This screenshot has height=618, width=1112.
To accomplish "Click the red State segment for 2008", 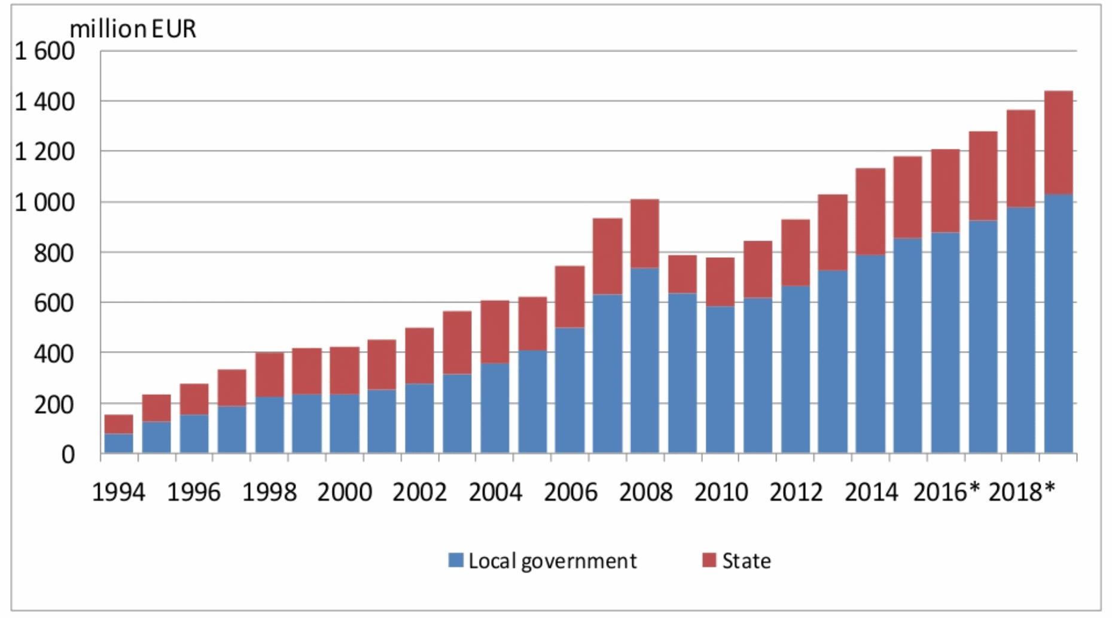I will coord(644,233).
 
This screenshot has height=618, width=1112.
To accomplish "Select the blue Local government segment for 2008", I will coord(644,359).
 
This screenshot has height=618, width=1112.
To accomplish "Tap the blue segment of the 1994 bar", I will coord(118,443).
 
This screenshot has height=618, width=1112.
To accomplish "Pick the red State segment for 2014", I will coord(870,211).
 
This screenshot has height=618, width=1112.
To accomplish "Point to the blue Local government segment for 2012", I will coord(795,369).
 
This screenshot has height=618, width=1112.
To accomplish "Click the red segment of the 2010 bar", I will coord(720,282).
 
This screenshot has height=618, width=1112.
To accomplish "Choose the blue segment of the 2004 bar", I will coord(495,407).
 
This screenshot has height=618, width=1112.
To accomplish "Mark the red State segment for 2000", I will coord(345,370).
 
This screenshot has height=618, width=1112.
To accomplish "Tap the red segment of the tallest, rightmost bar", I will coord(1058,142).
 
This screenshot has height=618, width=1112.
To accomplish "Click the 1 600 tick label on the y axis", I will coord(44,51).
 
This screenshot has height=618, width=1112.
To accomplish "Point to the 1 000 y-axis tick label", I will coord(44,203).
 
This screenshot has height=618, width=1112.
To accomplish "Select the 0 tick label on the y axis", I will coord(68,455).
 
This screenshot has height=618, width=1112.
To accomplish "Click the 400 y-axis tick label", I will coord(54,354).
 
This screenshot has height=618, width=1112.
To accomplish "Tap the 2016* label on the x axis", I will coord(946,492).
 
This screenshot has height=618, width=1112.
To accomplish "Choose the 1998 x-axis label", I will coord(269,492).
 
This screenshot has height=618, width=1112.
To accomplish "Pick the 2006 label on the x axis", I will coord(570,492).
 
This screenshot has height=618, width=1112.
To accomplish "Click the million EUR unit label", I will coord(133,29).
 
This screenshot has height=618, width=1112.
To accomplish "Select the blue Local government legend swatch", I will coord(456,561).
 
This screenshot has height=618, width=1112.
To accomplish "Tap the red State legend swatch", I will coord(709,561).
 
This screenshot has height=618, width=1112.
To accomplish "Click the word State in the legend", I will coord(746,561).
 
